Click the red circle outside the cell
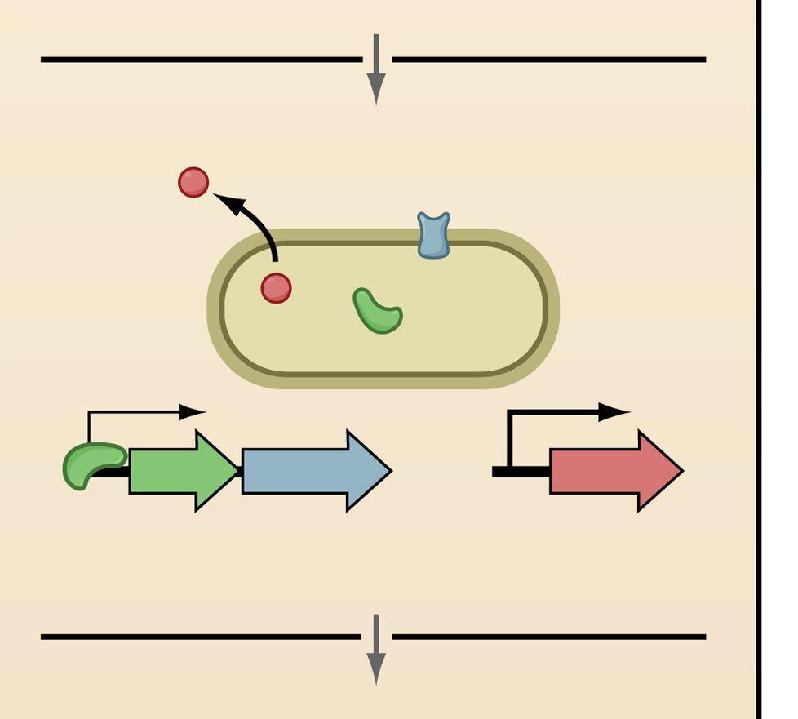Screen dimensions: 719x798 coord(193,182)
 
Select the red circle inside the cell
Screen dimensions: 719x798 coord(276,288)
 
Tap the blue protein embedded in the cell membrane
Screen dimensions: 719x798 coord(433,235)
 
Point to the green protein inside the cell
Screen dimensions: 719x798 coord(377,312)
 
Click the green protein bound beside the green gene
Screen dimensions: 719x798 coord(92,464)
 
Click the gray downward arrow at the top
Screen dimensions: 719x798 coord(375,70)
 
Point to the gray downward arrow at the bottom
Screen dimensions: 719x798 coord(375,650)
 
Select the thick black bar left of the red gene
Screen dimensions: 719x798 coord(521,472)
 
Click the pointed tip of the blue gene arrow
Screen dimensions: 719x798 coord(389,471)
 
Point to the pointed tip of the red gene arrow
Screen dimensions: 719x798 coord(680,471)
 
